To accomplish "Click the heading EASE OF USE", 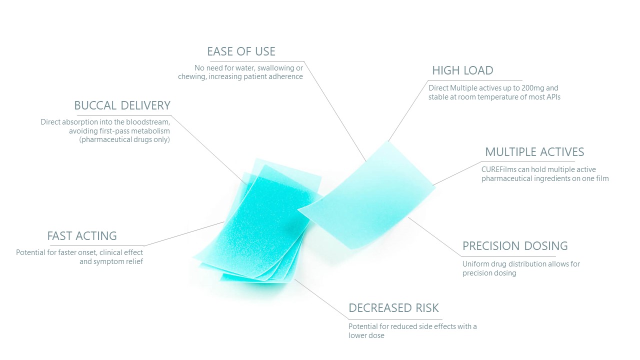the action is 241,51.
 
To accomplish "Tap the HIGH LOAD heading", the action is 462,70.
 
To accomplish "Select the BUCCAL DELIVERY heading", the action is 122,105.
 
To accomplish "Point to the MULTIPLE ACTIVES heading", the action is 534,152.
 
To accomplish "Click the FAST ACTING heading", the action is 82,236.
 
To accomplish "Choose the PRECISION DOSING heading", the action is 515,246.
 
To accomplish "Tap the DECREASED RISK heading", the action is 393,308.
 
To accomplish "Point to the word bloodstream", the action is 148,122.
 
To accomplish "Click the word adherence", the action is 287,76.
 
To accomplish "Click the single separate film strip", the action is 366,195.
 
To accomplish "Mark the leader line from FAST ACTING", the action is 184,233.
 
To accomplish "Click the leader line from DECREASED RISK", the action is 321,299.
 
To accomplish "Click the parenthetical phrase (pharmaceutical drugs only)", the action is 124,139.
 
